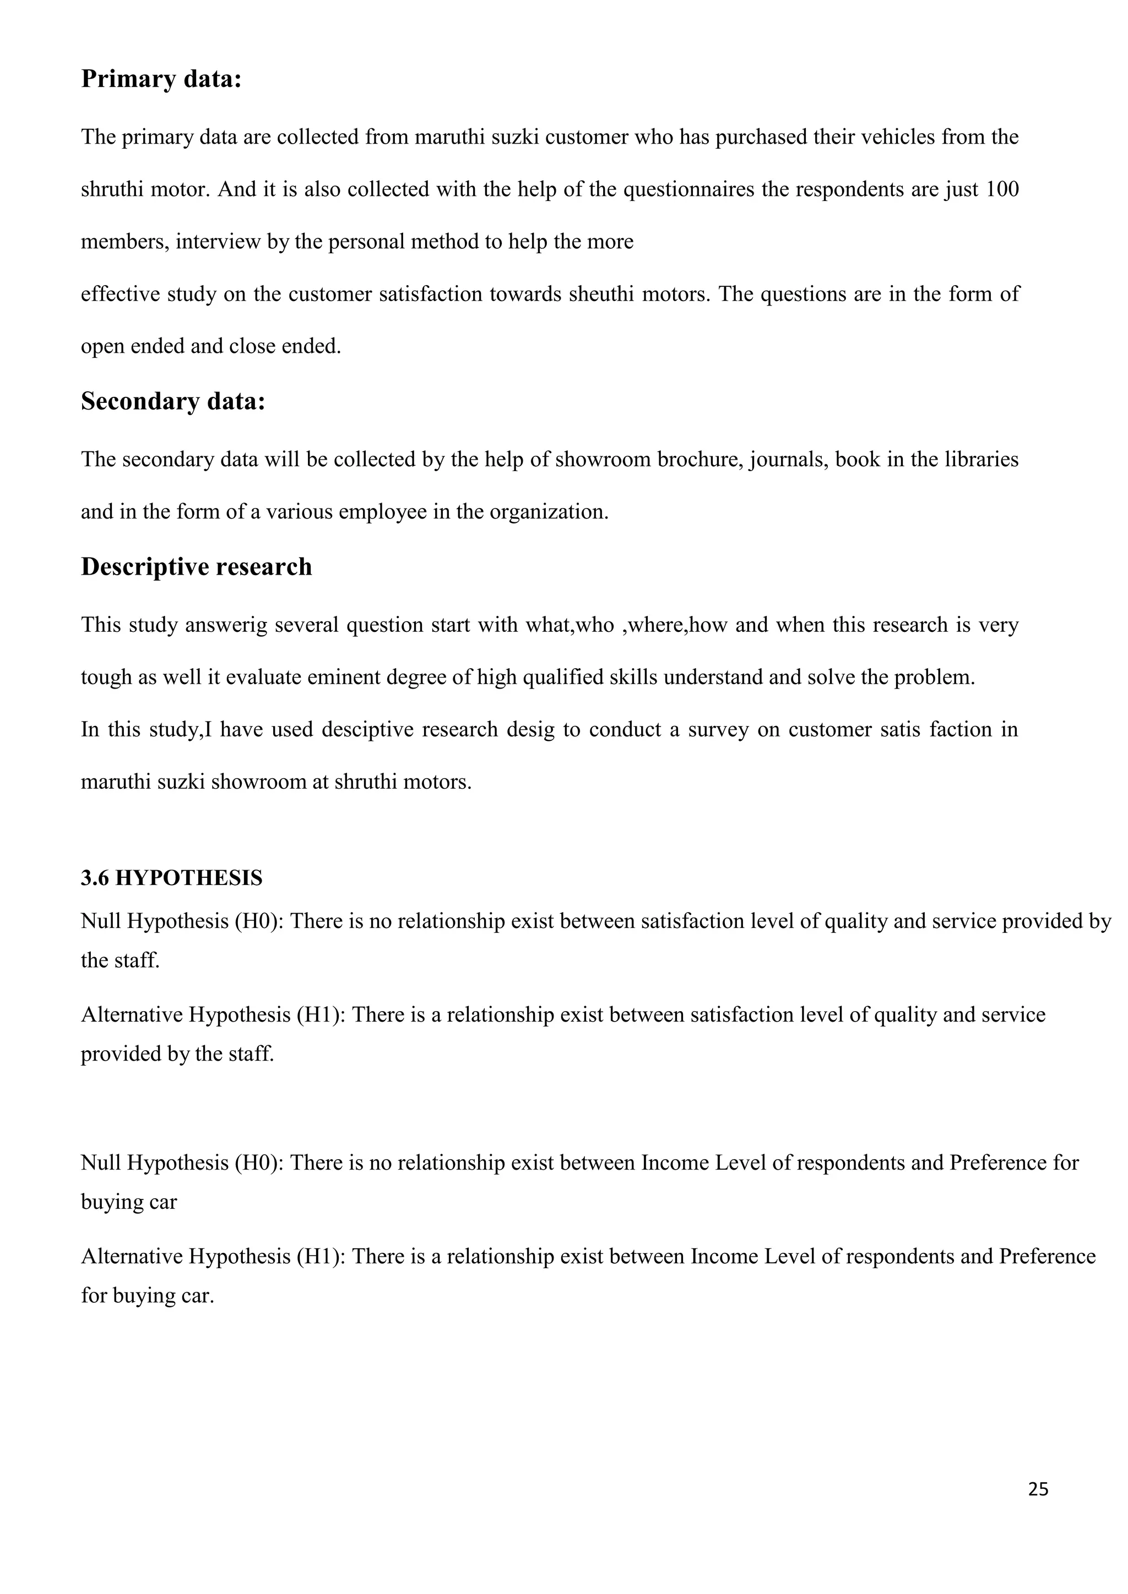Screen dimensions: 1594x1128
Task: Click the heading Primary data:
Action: (x=161, y=79)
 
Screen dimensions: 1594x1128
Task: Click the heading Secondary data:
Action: (x=173, y=401)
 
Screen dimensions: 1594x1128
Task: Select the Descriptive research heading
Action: (x=197, y=566)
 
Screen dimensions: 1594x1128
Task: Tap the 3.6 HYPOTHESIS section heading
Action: (x=171, y=878)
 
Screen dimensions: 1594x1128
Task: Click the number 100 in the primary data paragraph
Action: (x=1002, y=189)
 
